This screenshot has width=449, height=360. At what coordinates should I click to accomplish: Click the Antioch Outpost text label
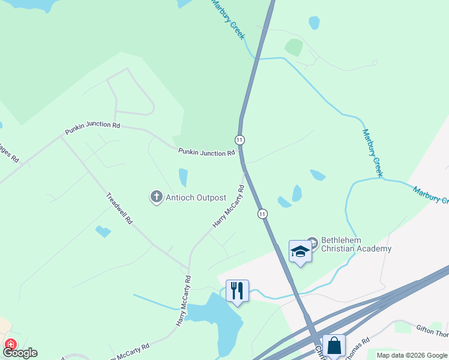click(x=196, y=197)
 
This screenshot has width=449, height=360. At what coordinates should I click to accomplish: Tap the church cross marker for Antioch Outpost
click(x=156, y=196)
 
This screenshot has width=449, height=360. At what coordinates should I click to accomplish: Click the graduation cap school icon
click(x=300, y=251)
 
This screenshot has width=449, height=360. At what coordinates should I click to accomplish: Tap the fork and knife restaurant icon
click(x=237, y=290)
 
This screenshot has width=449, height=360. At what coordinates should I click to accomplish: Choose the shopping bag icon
click(x=334, y=346)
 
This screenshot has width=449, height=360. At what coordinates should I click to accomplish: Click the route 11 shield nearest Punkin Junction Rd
click(x=240, y=140)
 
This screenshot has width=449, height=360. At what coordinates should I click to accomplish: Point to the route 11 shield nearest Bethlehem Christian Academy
click(x=262, y=214)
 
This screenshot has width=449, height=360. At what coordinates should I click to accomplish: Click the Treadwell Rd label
click(x=119, y=208)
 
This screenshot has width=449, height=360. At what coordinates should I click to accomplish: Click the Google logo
click(x=20, y=353)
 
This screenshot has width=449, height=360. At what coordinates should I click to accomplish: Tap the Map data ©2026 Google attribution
click(x=411, y=355)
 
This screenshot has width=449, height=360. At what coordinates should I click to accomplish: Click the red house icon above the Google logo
click(x=10, y=344)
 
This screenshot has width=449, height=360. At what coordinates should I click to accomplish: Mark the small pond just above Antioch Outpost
click(x=183, y=177)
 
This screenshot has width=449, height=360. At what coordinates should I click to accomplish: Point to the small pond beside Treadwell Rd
click(x=103, y=231)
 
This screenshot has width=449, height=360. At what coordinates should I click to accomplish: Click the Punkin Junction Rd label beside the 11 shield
click(x=206, y=152)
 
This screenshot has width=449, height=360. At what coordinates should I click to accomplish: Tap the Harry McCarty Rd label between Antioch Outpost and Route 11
click(x=229, y=206)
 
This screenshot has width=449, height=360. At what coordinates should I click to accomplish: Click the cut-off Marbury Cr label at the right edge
click(x=430, y=195)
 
